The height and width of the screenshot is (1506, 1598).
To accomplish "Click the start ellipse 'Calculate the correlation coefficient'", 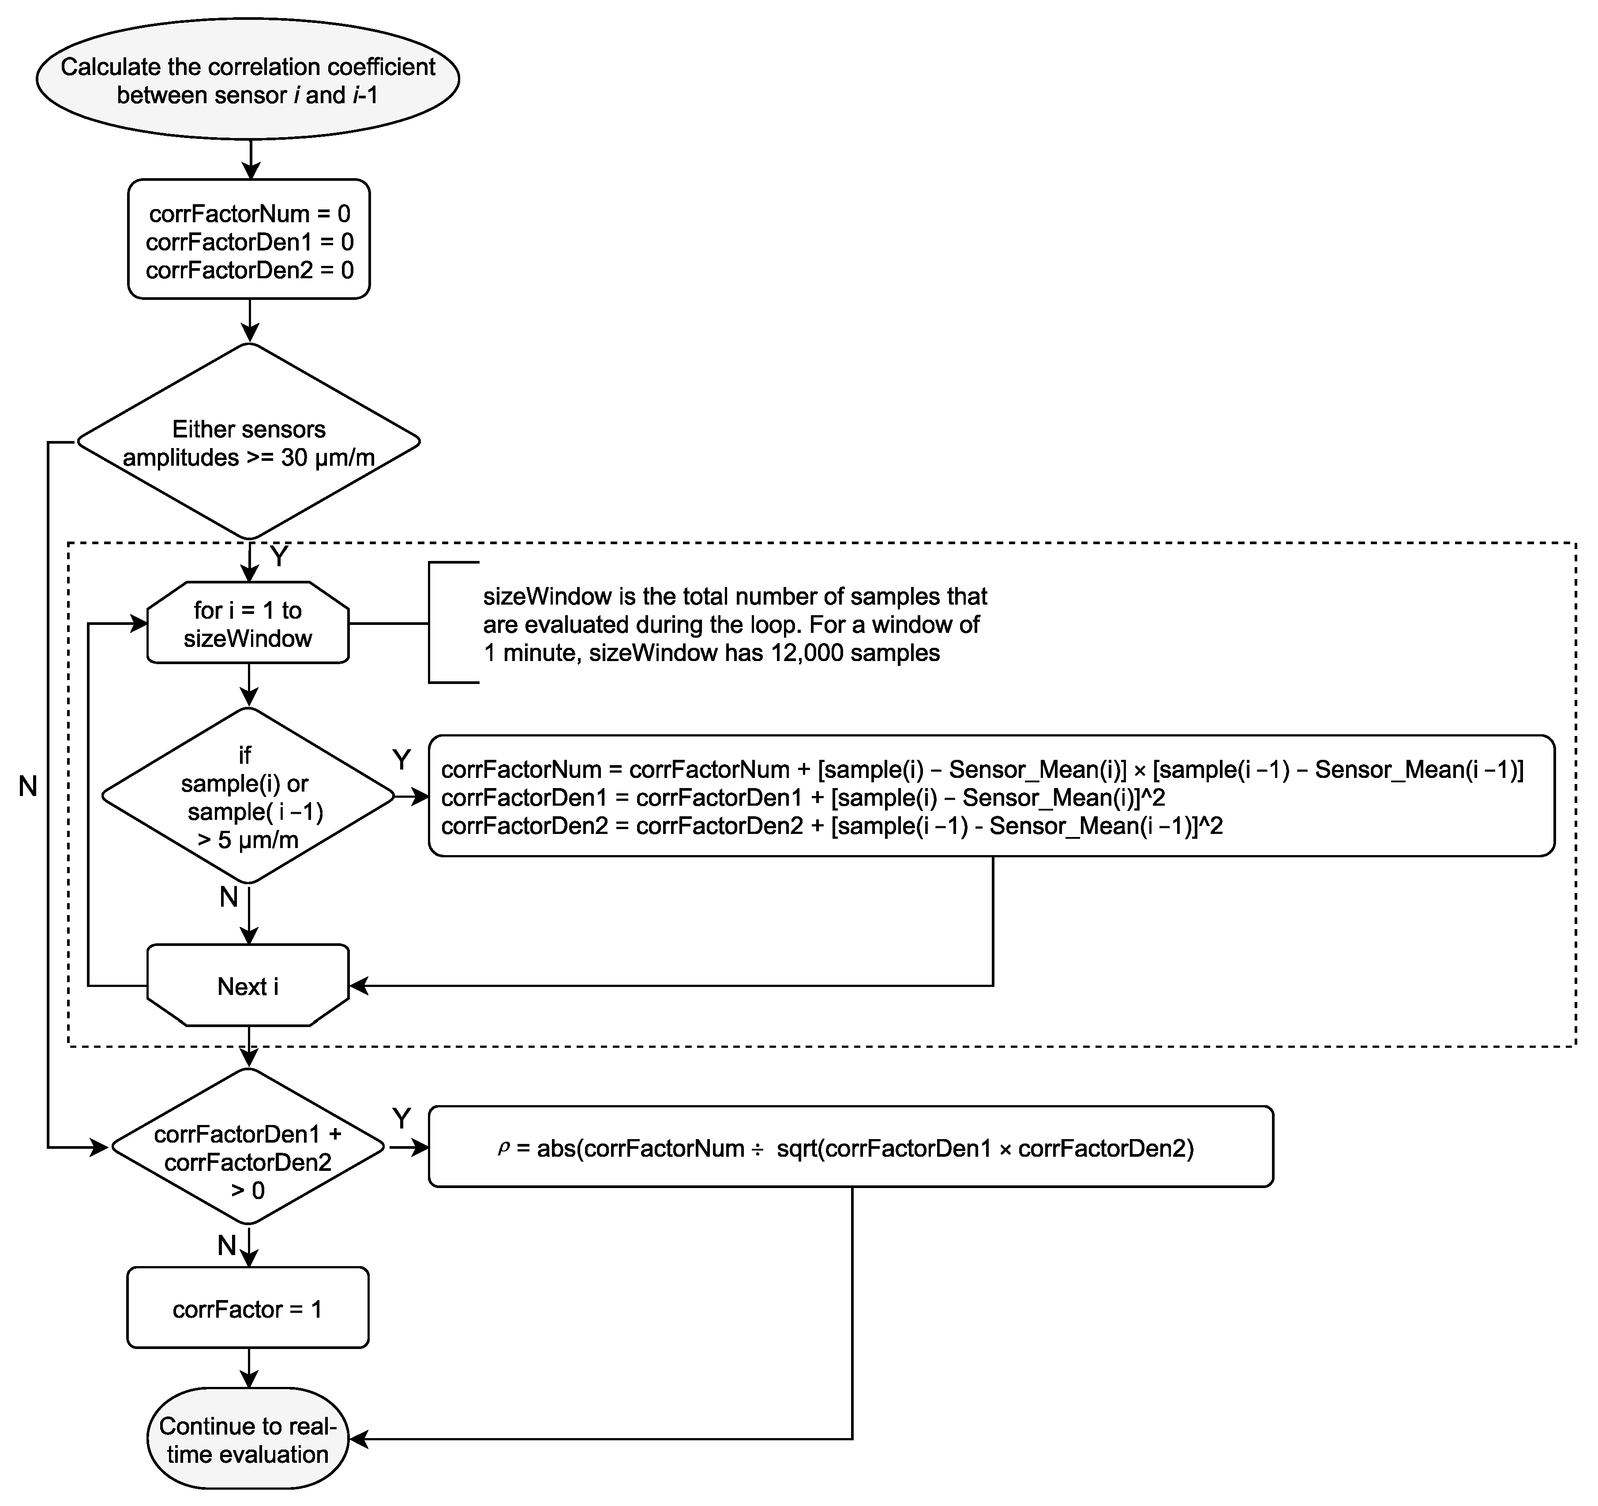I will pos(248,79).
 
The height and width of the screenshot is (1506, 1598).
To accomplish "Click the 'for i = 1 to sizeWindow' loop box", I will pos(248,624).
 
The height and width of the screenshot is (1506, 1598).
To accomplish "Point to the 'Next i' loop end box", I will pos(248,986).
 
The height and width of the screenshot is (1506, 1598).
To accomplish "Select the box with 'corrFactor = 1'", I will pos(248,1309).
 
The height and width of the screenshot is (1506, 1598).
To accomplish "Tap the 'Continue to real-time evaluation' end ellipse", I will pos(248,1439).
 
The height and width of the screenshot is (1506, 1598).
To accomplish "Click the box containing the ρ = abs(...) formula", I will pos(851,1147).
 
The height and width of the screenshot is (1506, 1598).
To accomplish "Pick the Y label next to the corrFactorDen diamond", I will pos(401,1118).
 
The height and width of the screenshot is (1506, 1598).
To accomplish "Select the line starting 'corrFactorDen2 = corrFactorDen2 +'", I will pos(832,826).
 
